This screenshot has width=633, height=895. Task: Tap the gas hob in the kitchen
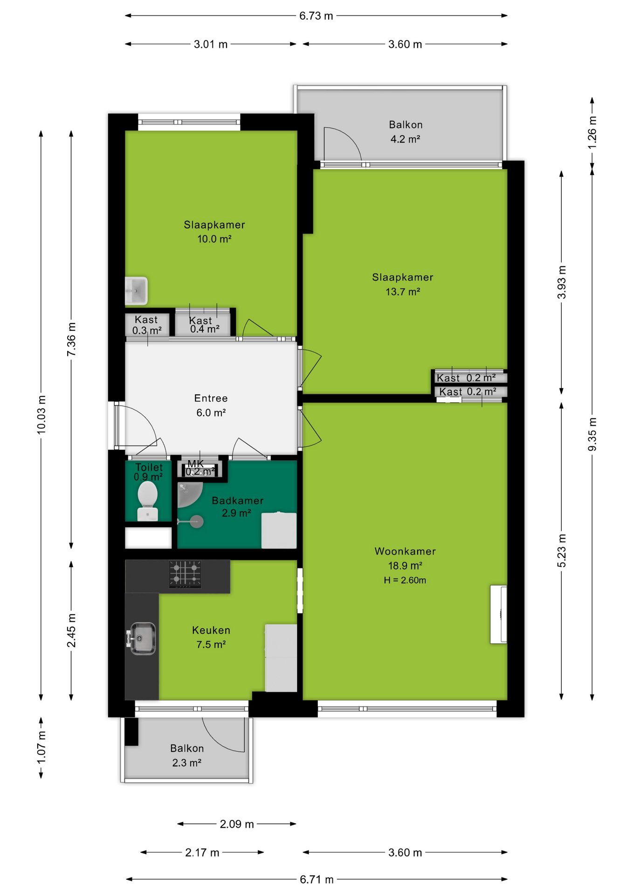point(185,574)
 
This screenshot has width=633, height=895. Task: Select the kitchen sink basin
point(142,638)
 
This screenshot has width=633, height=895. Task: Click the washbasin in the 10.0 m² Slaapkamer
point(136,291)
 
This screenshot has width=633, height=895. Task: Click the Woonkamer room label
point(405,551)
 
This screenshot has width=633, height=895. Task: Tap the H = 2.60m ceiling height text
point(405,580)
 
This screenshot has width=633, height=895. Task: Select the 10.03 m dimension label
point(41,414)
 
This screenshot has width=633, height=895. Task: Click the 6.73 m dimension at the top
point(316,16)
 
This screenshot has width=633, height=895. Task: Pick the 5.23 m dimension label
point(562,551)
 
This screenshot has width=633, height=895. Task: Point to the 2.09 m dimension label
point(237,824)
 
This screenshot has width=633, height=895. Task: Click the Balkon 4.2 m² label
point(406,132)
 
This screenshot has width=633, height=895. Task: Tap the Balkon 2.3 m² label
point(187,756)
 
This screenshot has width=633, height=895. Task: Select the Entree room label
point(211,399)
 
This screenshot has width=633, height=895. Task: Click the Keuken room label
point(211,630)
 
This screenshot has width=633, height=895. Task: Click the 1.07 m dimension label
point(41,748)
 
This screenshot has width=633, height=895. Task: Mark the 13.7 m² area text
point(403,292)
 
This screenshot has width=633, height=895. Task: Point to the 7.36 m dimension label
point(71,339)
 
